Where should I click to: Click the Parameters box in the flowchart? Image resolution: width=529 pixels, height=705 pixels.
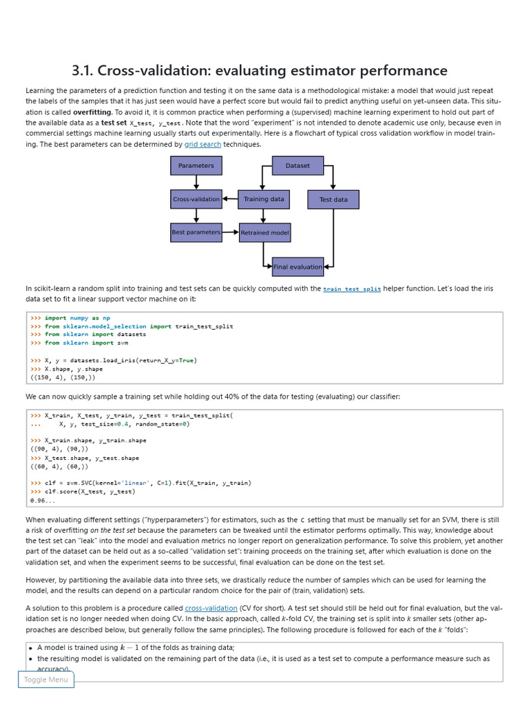point(196,165)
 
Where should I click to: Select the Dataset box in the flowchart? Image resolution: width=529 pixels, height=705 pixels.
point(298,165)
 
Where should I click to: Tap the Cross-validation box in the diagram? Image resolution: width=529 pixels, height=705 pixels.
point(196,199)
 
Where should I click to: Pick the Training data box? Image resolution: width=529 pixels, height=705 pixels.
point(263,199)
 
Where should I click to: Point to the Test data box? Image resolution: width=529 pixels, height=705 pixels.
point(333,200)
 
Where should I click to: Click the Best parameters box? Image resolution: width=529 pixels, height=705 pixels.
point(196,232)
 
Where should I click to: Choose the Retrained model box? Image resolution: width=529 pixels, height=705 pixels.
point(264,233)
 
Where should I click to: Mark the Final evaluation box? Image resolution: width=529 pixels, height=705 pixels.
point(298,266)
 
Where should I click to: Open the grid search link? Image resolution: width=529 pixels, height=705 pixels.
point(203,145)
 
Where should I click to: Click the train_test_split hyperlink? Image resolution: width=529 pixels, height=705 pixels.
point(352,289)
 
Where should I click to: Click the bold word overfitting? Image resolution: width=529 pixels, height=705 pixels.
point(92,112)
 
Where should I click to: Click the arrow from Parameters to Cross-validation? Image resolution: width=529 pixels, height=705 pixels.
point(196,182)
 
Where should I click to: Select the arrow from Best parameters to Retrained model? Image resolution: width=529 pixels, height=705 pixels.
point(231,232)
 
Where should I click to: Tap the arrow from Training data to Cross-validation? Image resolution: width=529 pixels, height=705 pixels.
point(230,199)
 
